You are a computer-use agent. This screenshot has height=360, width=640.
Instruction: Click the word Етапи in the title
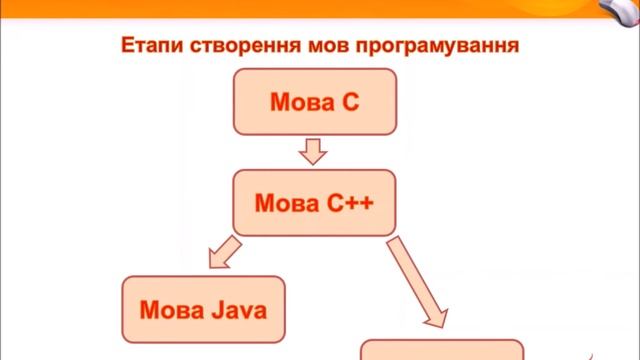click(146, 47)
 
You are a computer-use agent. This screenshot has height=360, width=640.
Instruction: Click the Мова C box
click(315, 102)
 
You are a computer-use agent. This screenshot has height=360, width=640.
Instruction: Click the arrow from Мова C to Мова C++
click(314, 151)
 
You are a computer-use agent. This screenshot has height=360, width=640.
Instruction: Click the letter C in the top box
click(350, 102)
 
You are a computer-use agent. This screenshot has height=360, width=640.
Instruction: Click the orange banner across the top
click(300, 10)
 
